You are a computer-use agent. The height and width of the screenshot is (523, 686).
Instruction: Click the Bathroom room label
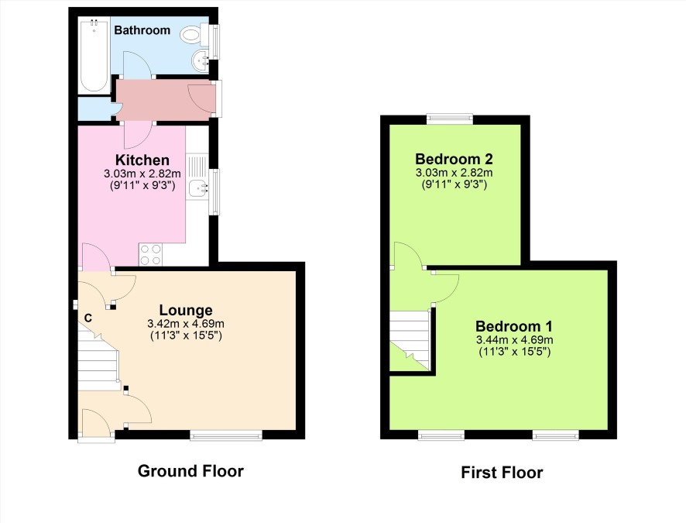pos(142,30)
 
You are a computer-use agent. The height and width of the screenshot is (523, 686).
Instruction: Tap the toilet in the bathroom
pos(194,34)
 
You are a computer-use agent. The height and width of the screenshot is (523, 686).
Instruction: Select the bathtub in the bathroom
pos(94,55)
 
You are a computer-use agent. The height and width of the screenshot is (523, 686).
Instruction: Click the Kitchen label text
pos(142,160)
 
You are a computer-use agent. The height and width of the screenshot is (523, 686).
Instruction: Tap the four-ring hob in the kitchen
pos(151,255)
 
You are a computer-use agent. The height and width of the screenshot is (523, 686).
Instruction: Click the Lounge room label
pos(186,310)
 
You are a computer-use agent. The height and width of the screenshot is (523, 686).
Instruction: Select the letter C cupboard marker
pos(88,318)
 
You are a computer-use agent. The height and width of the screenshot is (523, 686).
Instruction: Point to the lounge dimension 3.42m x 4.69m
pos(186,324)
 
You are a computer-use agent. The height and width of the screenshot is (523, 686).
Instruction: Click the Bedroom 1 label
pos(513,326)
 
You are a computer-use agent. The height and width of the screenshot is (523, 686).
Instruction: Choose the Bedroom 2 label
pos(454,158)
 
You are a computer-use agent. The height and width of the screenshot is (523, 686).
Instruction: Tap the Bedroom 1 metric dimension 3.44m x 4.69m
pos(514,339)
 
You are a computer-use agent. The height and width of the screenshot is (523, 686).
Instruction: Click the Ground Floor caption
pos(190,471)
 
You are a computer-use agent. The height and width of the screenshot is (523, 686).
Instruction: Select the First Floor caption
pos(502,473)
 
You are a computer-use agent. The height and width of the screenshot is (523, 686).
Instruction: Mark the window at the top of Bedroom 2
pos(450,119)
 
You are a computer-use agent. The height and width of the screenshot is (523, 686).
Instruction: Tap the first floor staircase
pos(410,340)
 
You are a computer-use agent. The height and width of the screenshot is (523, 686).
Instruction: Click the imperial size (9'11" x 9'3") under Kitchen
pos(142,185)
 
